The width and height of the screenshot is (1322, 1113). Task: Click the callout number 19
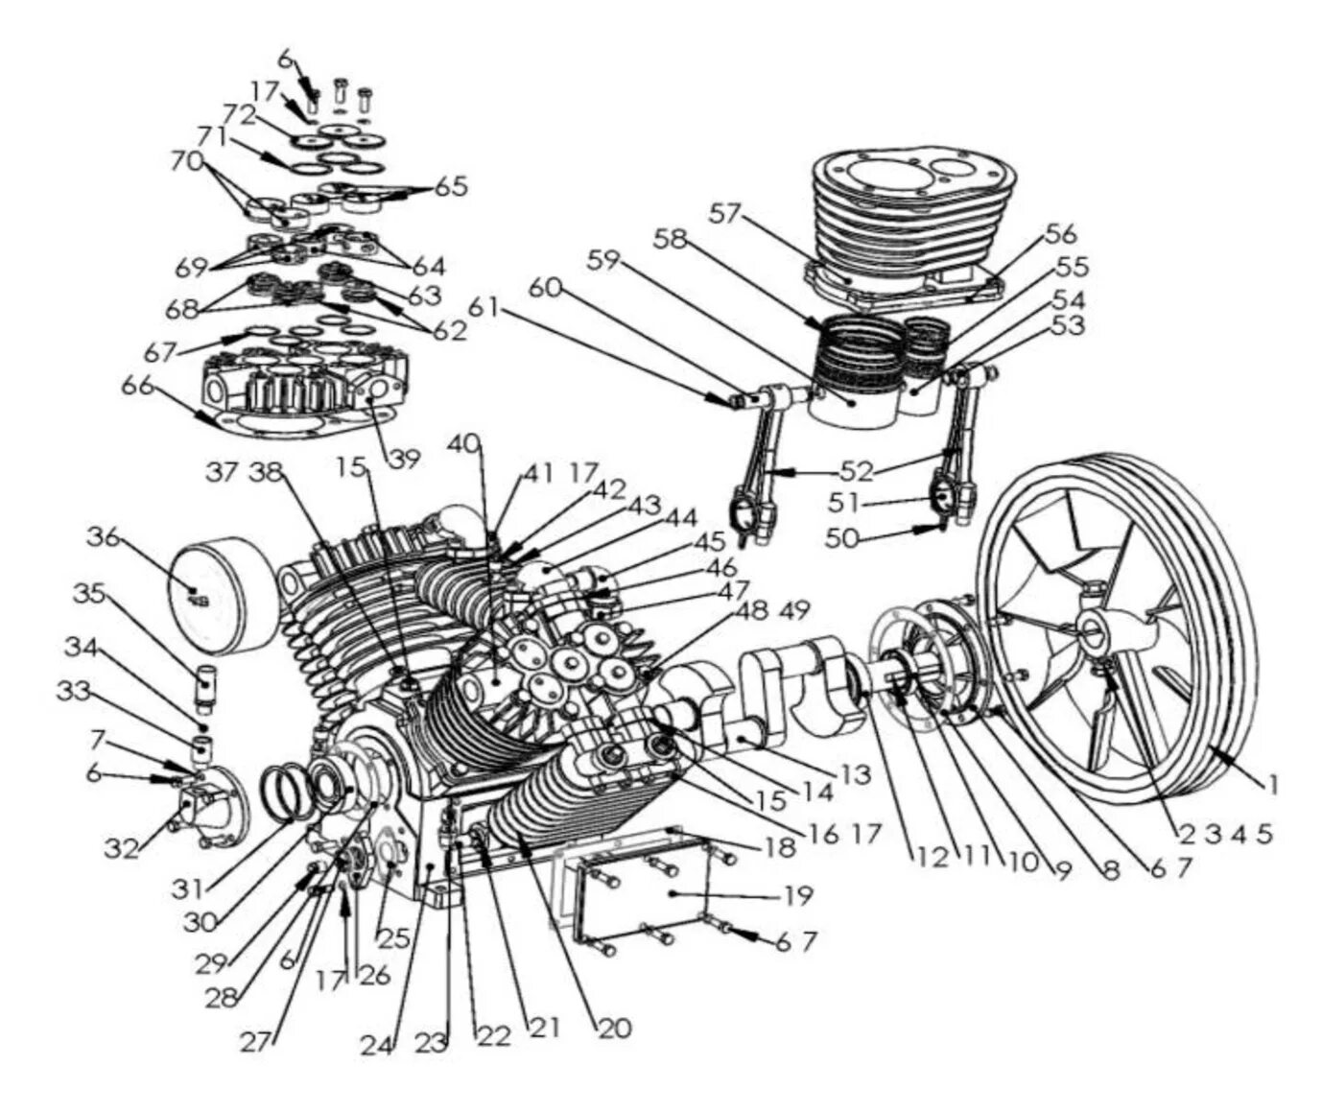point(798,896)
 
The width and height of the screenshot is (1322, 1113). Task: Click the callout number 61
point(484,307)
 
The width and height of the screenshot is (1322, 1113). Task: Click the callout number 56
point(1061,233)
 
